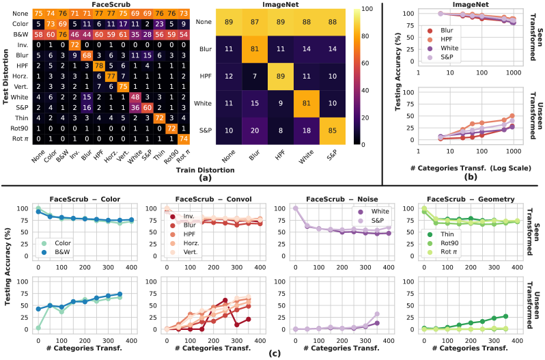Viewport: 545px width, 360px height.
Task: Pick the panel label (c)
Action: (x=273, y=353)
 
